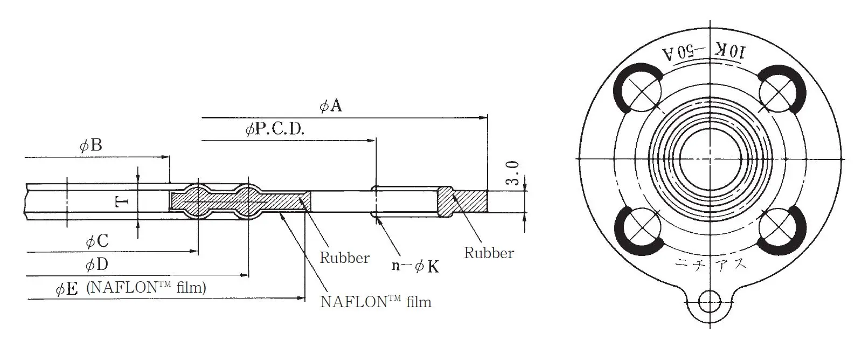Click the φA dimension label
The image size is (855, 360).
click(331, 106)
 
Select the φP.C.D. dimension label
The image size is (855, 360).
click(275, 129)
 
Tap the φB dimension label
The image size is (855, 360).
click(91, 146)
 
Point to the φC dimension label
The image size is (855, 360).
click(98, 241)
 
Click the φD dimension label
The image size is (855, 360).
click(97, 265)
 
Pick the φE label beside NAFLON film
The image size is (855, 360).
click(67, 288)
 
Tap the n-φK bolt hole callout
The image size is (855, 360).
click(415, 266)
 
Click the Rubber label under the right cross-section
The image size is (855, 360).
click(489, 253)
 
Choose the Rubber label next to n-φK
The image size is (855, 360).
click(345, 258)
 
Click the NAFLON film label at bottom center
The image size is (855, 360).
click(376, 301)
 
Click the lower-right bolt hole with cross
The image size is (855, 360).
click(776, 227)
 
